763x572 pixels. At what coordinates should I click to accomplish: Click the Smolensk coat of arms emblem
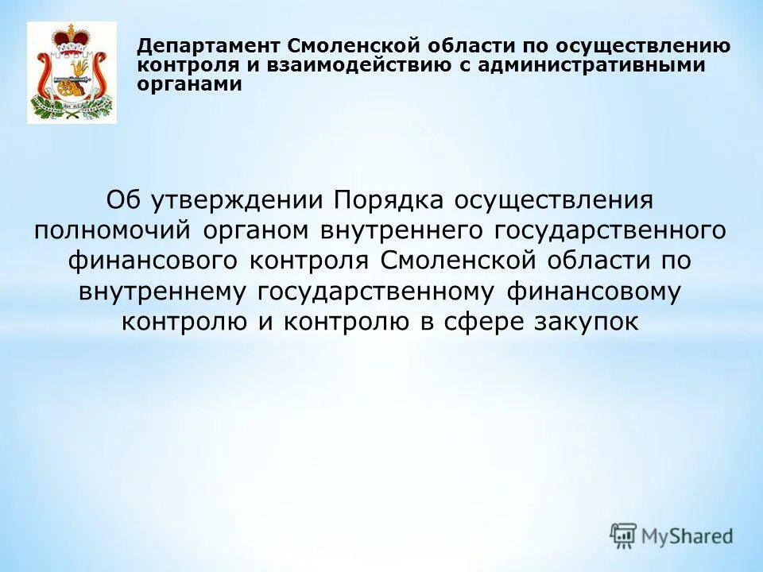pyautogui.click(x=72, y=73)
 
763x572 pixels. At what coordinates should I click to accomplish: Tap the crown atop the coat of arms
pyautogui.click(x=72, y=36)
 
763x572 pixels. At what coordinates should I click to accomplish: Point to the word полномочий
pyautogui.click(x=114, y=230)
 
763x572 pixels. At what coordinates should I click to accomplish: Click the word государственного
pyautogui.click(x=612, y=230)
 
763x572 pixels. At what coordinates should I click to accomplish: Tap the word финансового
pyautogui.click(x=154, y=261)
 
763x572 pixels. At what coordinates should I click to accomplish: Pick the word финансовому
pyautogui.click(x=592, y=292)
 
